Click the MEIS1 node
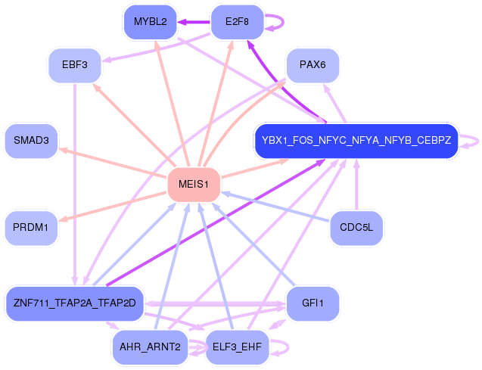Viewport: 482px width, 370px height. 193,185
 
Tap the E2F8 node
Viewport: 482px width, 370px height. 237,22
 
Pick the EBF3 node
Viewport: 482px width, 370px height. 75,66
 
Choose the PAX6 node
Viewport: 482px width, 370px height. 312,66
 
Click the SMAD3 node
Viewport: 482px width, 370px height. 31,141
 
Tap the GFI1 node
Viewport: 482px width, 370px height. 312,303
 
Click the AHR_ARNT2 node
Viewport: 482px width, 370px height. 150,347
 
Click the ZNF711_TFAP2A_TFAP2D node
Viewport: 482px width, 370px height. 74,303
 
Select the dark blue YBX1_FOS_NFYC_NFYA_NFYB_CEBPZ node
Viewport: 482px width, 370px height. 356,141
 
